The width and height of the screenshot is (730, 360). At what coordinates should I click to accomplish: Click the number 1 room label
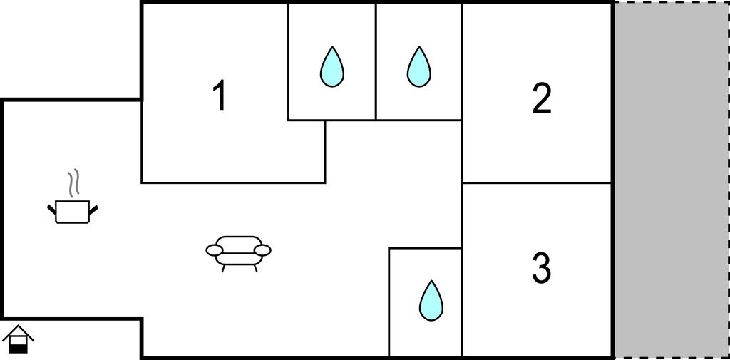point(220,96)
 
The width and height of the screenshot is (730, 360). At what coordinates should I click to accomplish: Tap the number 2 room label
point(542,99)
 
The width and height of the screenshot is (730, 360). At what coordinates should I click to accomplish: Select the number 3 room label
point(542,269)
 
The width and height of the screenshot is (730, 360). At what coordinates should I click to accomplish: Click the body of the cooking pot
point(73,212)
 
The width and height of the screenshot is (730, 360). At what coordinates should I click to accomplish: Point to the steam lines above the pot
point(73,184)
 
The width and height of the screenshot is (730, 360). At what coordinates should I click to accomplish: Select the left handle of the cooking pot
point(52,208)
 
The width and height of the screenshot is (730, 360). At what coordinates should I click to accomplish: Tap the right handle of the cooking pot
point(93,208)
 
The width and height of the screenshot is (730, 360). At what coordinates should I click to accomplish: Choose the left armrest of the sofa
point(215,250)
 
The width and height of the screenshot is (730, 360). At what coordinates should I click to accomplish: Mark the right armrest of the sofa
point(262,250)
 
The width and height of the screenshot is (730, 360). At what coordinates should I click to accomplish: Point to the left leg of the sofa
point(225,267)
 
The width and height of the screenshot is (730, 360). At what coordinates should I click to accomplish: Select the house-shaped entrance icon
point(19,339)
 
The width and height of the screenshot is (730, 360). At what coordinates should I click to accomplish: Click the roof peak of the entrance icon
point(19,327)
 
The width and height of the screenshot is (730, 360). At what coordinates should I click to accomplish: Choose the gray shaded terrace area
point(671,178)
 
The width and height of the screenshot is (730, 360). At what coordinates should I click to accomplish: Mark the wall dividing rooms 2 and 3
point(537,183)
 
